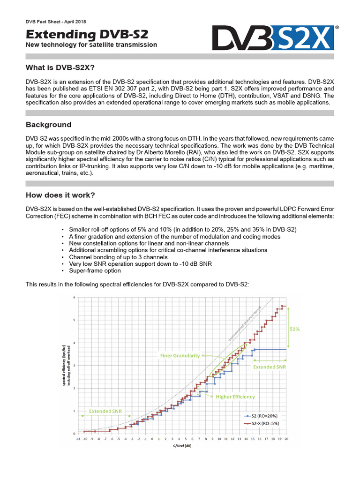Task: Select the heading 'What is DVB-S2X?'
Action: (60, 68)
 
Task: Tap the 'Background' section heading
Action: (48, 125)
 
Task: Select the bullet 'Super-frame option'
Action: (95, 270)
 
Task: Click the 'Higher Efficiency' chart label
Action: (235, 397)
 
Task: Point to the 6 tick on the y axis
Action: (73, 298)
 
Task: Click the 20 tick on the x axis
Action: (286, 439)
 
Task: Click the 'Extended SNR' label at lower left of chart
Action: (106, 411)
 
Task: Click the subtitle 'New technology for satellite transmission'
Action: (91, 45)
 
